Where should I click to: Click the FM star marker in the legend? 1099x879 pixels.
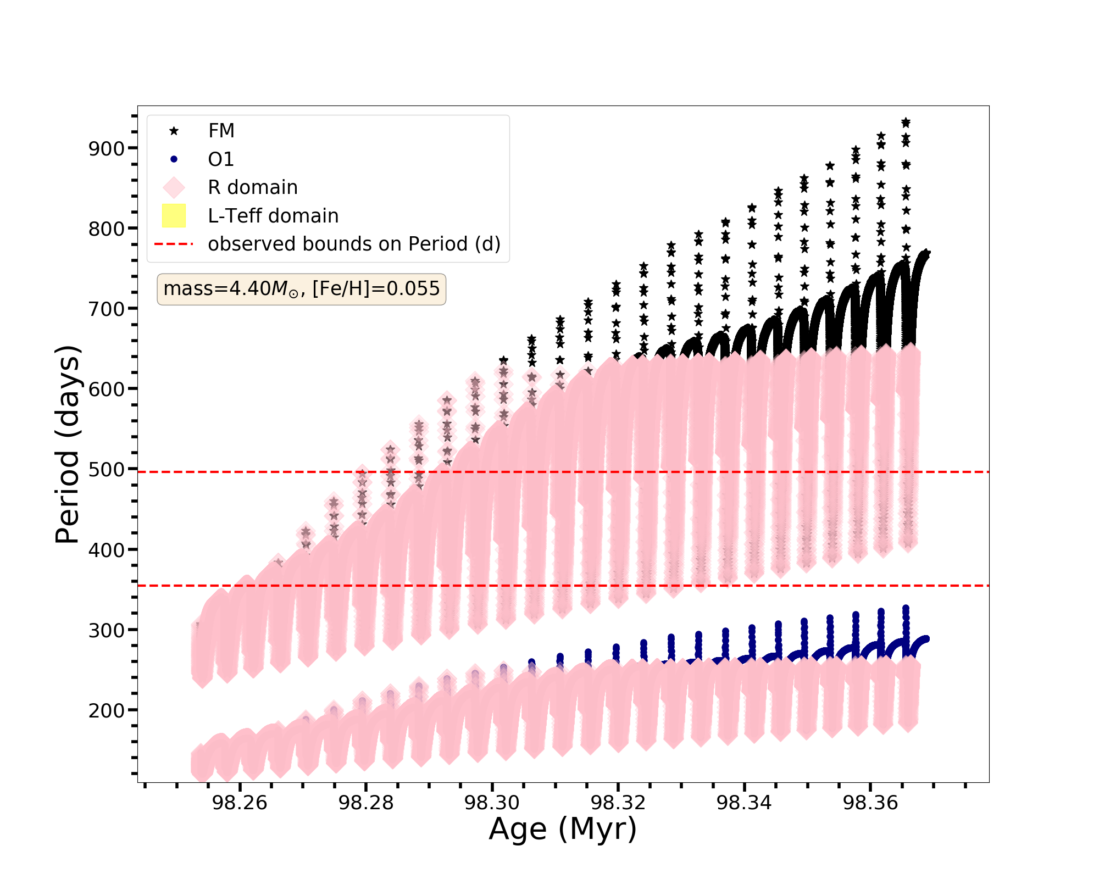(x=174, y=131)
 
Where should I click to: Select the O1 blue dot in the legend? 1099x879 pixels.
(x=174, y=159)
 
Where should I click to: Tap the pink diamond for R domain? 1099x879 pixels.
(x=174, y=187)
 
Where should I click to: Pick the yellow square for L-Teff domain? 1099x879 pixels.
(x=174, y=216)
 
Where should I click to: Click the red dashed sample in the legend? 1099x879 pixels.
(x=174, y=244)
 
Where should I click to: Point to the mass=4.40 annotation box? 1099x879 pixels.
(x=301, y=289)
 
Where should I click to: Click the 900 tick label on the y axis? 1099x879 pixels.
(x=107, y=148)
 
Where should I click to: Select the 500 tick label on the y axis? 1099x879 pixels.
(x=107, y=470)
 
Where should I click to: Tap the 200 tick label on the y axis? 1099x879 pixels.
(x=107, y=710)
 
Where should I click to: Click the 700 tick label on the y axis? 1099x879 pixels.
(x=107, y=309)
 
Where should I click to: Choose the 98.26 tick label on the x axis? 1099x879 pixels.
(x=240, y=803)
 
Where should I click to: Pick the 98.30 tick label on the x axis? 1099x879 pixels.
(x=492, y=803)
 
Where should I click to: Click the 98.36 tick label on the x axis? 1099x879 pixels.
(x=870, y=803)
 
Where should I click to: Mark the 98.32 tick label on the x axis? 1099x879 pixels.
(x=618, y=803)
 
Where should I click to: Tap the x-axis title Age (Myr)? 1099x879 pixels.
(x=563, y=829)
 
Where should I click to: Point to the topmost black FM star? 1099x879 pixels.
(x=906, y=123)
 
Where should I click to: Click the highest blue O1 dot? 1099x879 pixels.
(x=906, y=609)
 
